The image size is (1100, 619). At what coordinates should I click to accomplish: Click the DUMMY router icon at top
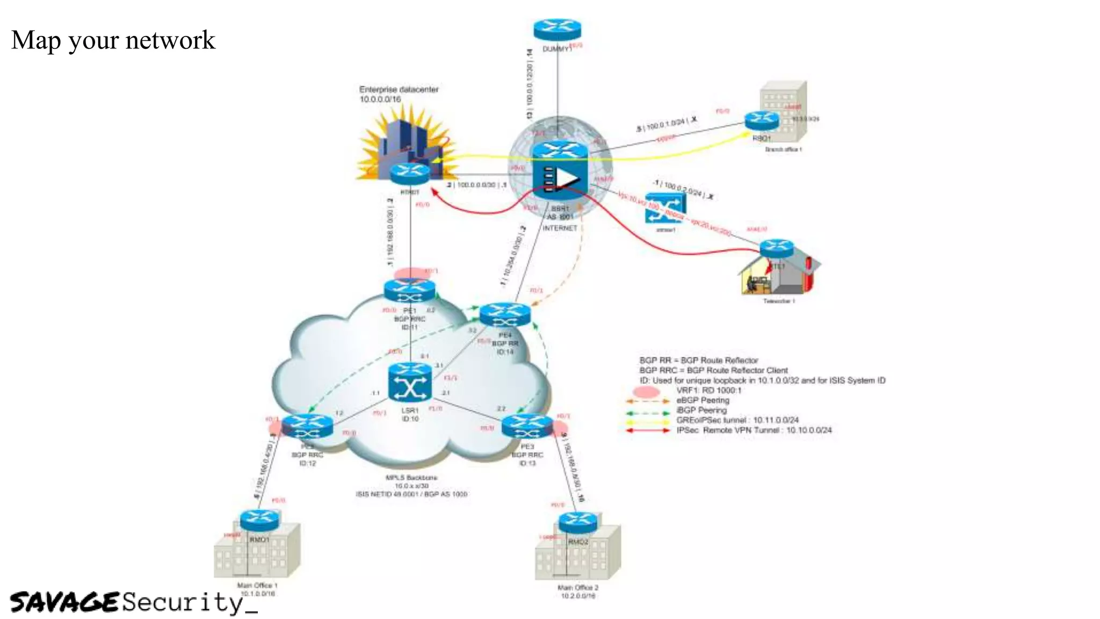click(557, 30)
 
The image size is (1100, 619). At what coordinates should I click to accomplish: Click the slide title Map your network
click(113, 40)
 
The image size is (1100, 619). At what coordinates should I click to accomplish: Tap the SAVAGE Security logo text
click(133, 602)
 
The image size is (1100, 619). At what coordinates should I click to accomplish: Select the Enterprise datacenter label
click(399, 90)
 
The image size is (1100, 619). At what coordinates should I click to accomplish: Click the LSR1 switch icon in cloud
click(410, 383)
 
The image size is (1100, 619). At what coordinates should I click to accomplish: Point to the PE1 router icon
click(410, 291)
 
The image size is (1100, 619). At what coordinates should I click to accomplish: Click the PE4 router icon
click(505, 315)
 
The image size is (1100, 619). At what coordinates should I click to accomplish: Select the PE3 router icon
click(527, 427)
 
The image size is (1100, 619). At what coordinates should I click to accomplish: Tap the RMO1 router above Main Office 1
click(259, 520)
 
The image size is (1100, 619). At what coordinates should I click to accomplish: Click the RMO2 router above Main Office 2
click(577, 523)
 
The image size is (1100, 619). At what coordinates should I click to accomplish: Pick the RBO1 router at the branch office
click(762, 121)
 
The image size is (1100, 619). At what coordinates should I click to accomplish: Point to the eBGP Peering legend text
click(703, 400)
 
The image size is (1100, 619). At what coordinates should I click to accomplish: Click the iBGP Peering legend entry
click(701, 411)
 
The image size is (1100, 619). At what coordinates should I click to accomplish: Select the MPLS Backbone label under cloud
click(411, 478)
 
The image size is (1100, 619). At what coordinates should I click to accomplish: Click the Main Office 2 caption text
click(578, 588)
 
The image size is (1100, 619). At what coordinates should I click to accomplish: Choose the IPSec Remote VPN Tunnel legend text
click(754, 430)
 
